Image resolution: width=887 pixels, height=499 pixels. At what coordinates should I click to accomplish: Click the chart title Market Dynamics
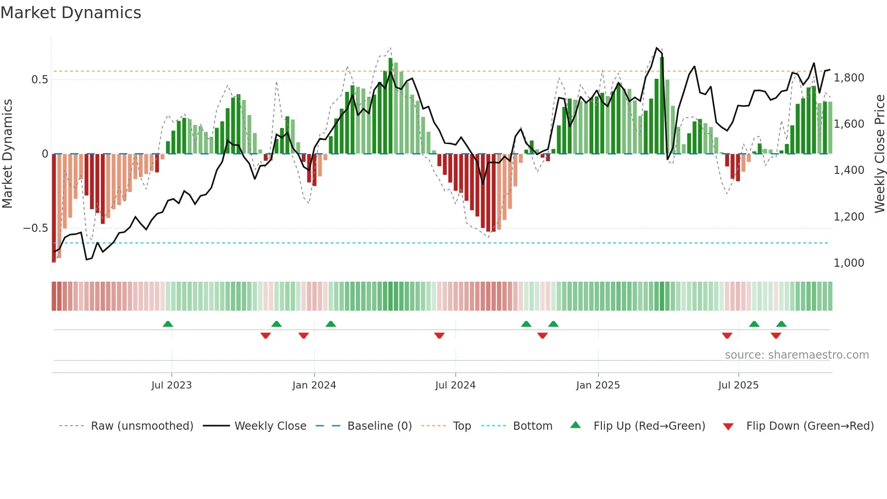pyautogui.click(x=71, y=13)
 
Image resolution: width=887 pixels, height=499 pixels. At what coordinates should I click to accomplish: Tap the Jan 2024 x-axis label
pyautogui.click(x=314, y=385)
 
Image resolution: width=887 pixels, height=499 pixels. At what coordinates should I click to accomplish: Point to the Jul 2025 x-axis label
pyautogui.click(x=738, y=385)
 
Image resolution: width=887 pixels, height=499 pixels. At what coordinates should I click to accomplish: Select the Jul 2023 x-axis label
pyautogui.click(x=172, y=385)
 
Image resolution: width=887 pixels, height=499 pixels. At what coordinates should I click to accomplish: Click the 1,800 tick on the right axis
pyautogui.click(x=849, y=78)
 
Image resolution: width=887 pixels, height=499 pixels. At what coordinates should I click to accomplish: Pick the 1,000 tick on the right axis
pyautogui.click(x=849, y=263)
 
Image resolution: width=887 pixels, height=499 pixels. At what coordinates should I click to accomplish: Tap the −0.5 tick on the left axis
pyautogui.click(x=35, y=228)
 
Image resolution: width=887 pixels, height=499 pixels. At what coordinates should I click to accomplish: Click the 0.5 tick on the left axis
pyautogui.click(x=39, y=80)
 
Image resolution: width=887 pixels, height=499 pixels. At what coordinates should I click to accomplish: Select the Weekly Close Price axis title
pyautogui.click(x=879, y=154)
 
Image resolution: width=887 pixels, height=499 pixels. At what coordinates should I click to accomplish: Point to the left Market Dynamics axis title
pyautogui.click(x=7, y=154)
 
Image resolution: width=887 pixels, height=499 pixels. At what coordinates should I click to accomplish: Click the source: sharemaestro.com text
pyautogui.click(x=796, y=355)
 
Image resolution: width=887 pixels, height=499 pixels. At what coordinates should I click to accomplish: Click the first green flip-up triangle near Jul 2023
pyautogui.click(x=168, y=324)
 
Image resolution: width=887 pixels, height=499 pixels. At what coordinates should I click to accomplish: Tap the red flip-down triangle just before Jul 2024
pyautogui.click(x=439, y=336)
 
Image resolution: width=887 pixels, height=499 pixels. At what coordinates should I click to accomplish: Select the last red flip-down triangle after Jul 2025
pyautogui.click(x=776, y=336)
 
